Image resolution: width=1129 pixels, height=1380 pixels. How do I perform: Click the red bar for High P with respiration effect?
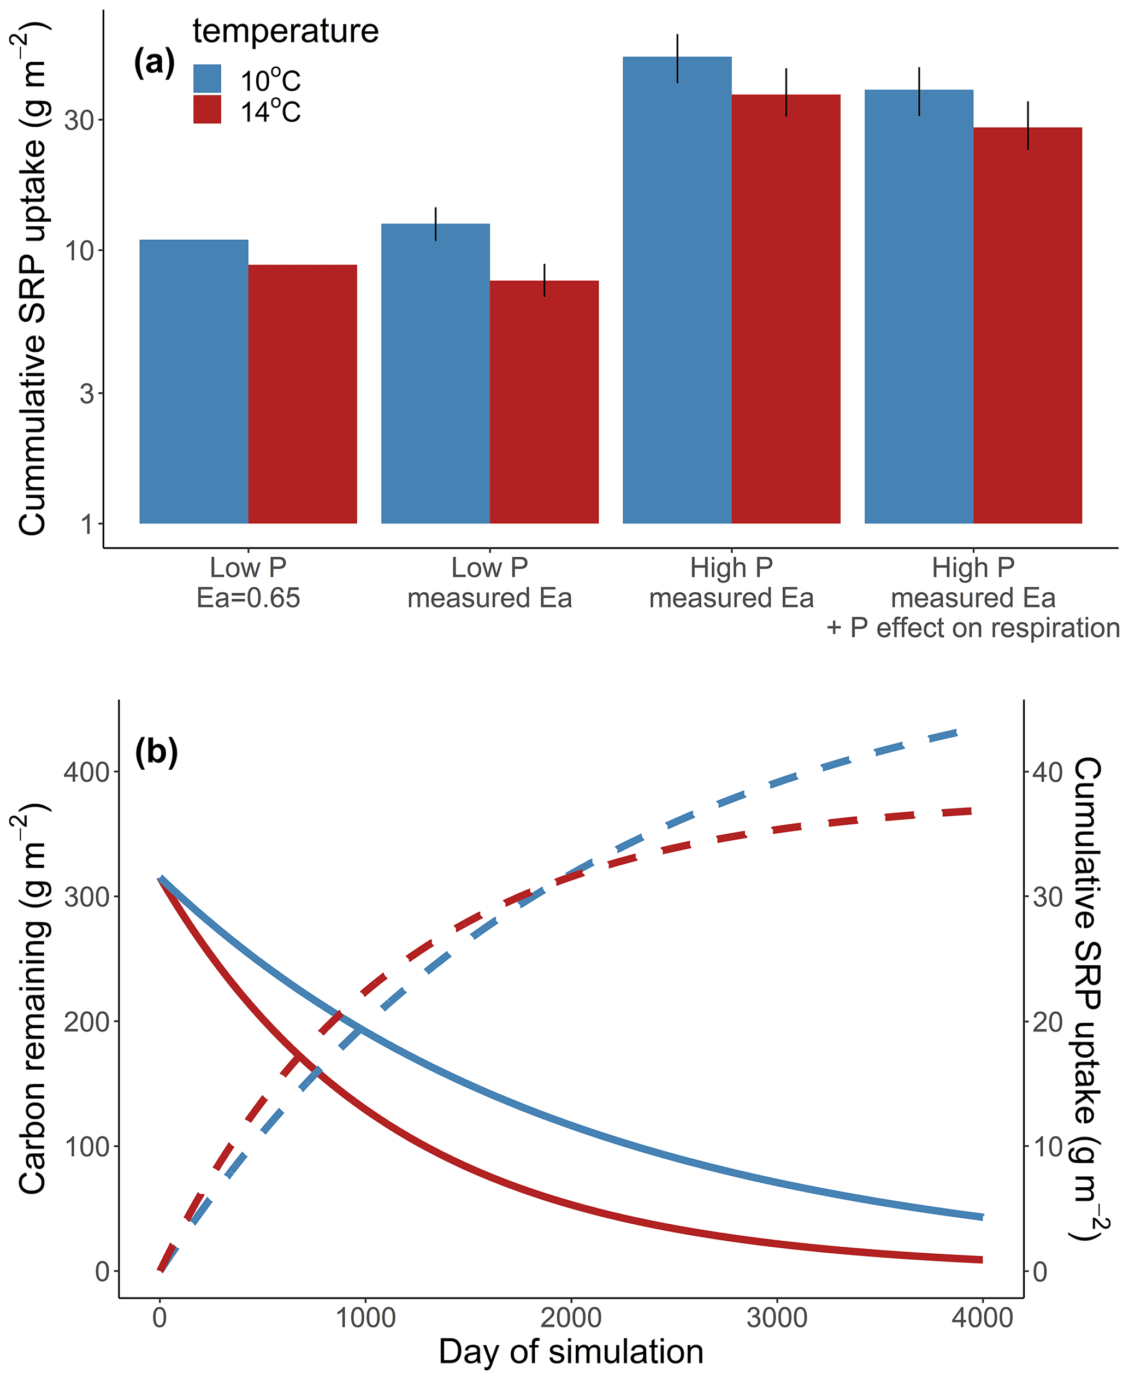point(1027,325)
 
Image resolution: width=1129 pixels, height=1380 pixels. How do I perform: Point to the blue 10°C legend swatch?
point(208,79)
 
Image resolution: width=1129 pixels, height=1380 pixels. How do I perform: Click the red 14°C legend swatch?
point(208,110)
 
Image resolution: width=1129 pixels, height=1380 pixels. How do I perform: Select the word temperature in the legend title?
point(286,31)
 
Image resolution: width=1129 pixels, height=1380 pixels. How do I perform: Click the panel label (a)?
point(154,63)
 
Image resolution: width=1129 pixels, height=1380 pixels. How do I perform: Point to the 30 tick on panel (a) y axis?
point(79,120)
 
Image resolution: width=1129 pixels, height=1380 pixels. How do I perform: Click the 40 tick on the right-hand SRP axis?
point(1047,772)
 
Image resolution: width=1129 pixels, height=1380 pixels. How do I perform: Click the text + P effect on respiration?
point(973,628)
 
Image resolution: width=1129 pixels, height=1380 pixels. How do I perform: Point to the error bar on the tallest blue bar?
point(678,58)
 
